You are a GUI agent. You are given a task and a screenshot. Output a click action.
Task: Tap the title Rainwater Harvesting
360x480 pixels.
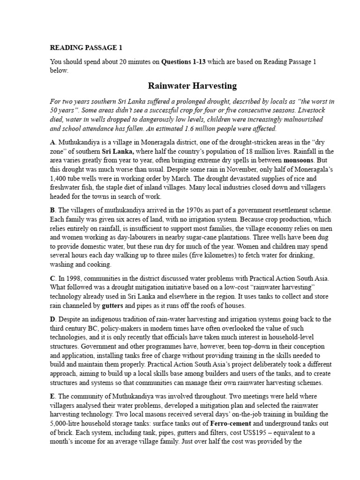[192, 86]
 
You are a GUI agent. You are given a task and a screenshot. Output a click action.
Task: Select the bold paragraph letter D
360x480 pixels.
[52, 319]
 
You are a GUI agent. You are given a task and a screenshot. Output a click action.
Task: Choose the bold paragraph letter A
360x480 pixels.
[52, 141]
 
